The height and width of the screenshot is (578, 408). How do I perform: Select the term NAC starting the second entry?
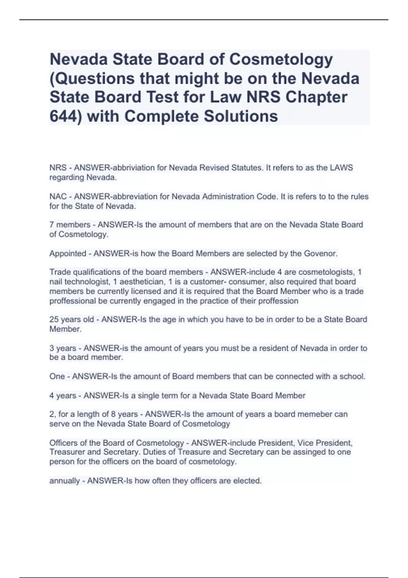(58, 197)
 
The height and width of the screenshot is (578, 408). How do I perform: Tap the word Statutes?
(246, 168)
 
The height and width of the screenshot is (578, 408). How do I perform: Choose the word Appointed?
(68, 254)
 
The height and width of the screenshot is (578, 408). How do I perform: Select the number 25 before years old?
(54, 320)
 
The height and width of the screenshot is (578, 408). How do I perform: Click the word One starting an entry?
(57, 377)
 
